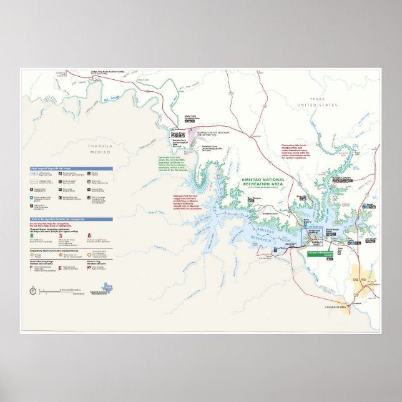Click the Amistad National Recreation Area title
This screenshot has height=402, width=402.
click(x=266, y=182)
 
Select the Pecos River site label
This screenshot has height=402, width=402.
click(x=177, y=132)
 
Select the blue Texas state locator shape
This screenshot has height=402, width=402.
click(x=107, y=287)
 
